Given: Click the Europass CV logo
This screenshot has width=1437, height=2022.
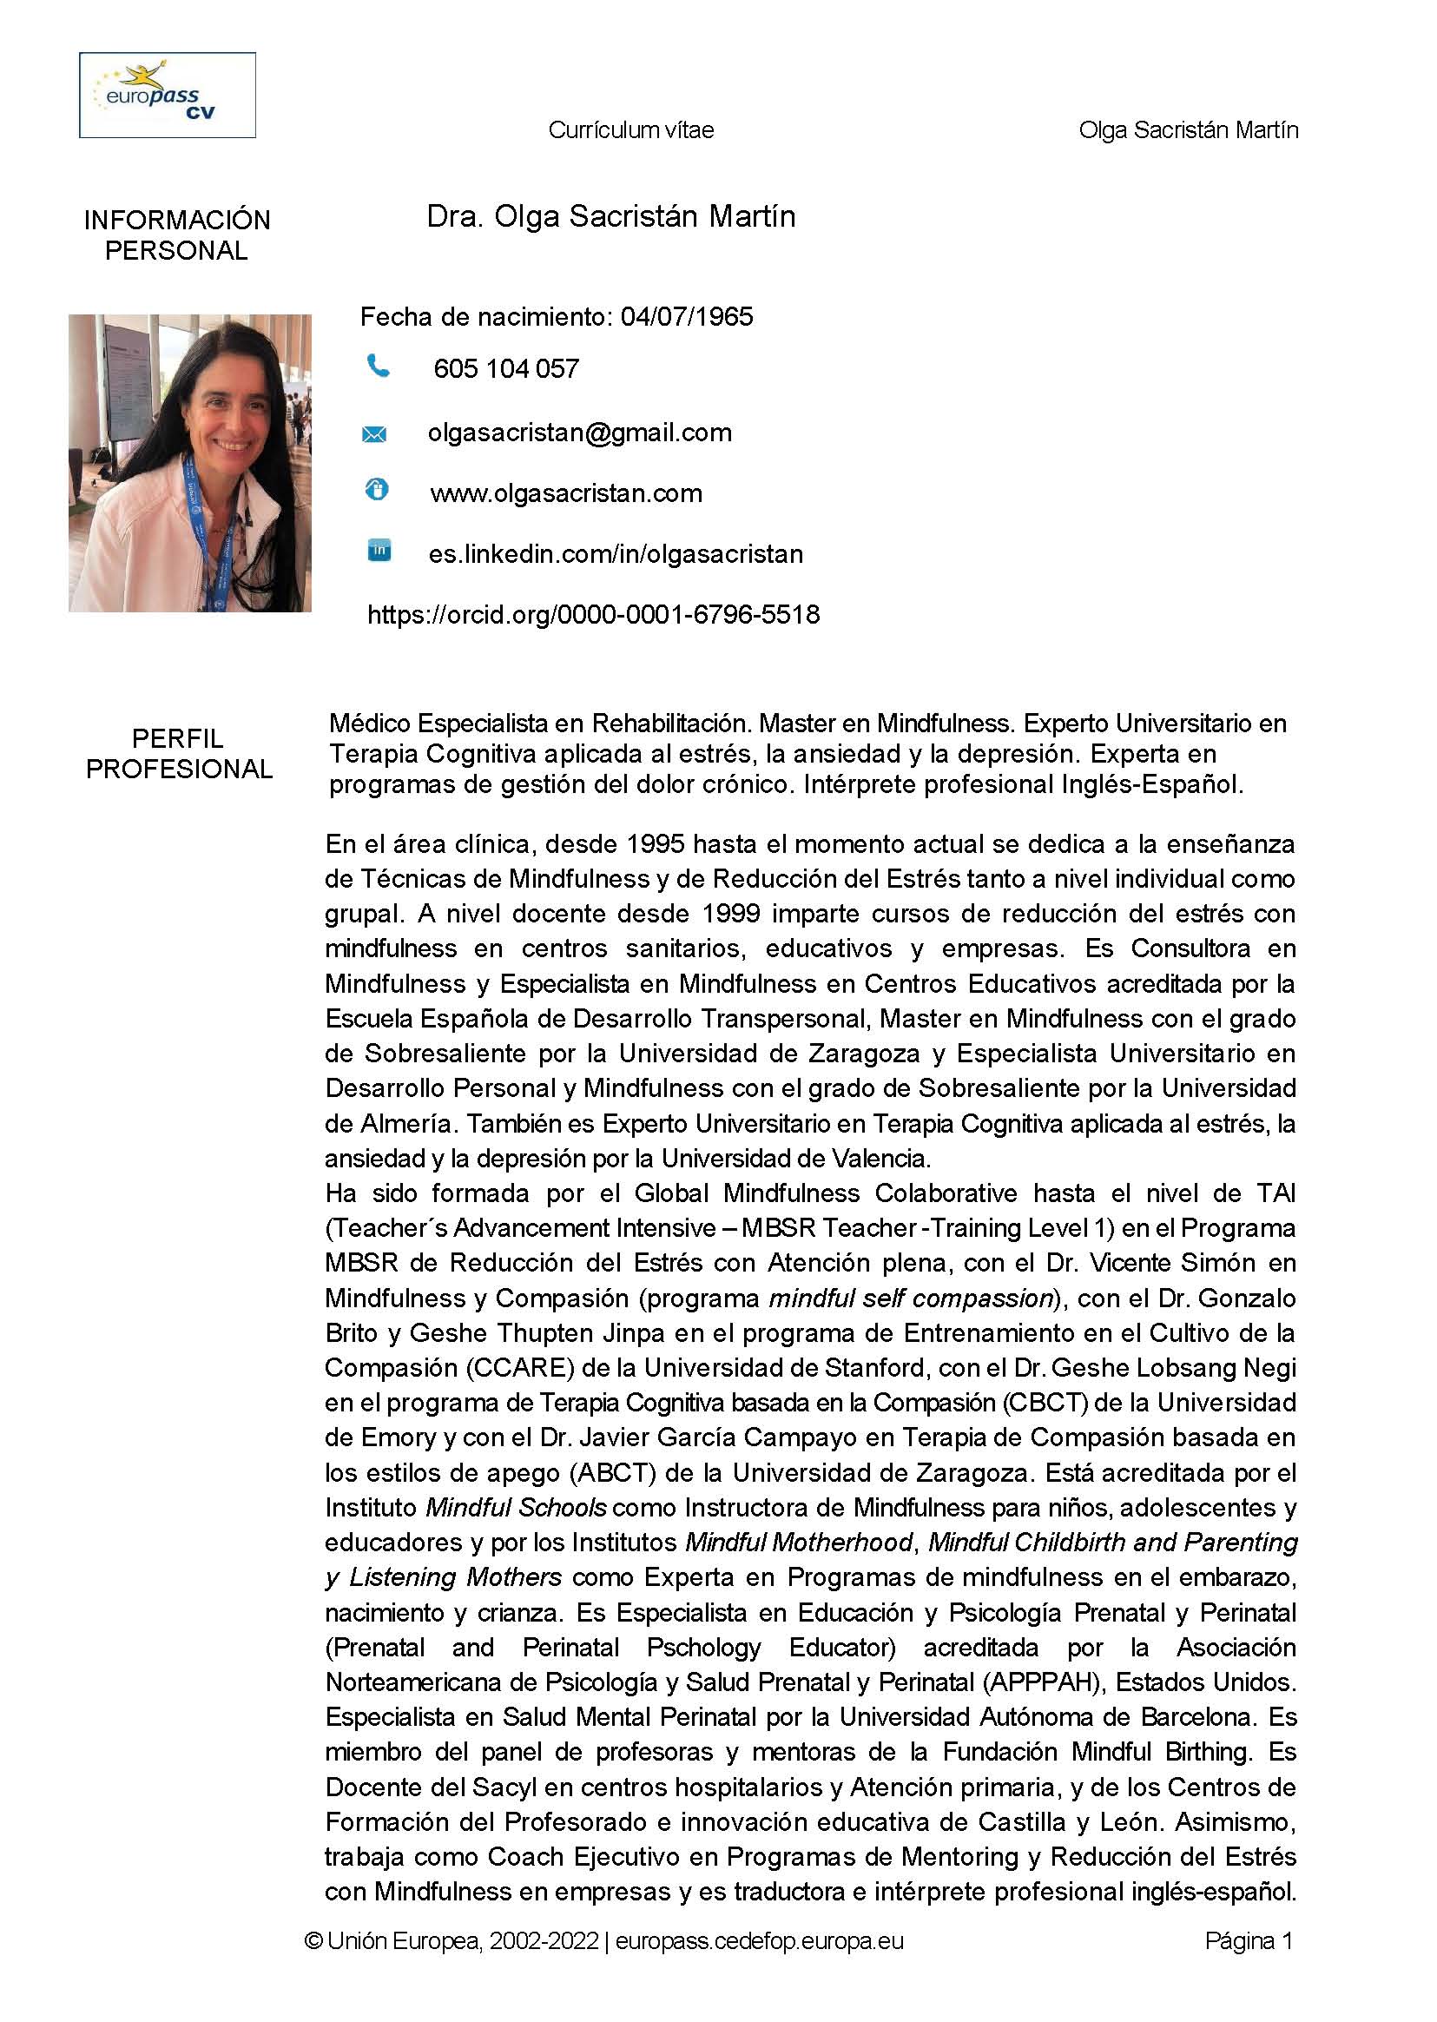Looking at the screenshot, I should pos(168,95).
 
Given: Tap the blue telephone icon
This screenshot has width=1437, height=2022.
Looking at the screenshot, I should pos(378,365).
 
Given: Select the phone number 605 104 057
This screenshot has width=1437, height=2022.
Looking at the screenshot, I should pos(506,369).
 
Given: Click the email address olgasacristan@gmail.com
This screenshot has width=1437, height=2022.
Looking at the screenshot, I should pos(580,433).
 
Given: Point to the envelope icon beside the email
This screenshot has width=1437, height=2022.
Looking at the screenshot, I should pos(374,433).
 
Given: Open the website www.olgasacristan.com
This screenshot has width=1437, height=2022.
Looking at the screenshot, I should pos(566,492).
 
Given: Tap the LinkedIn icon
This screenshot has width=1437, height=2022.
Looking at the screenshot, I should pos(379,551).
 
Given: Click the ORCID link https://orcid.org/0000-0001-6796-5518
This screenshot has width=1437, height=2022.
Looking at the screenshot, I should pos(593,614).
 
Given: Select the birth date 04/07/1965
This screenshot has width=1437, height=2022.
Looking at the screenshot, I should pos(687,317).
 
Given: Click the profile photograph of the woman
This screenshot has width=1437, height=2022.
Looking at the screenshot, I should pos(190,463).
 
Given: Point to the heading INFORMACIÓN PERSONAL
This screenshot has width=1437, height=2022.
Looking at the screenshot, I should pos(177,235).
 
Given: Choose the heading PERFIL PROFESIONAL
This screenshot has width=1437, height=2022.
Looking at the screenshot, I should pos(179,754).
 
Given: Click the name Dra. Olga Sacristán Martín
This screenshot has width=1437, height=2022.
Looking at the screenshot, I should pos(610,217).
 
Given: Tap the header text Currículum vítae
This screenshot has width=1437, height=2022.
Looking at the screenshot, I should pos(631,130).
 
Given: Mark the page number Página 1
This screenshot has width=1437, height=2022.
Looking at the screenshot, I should pos(1249,1940).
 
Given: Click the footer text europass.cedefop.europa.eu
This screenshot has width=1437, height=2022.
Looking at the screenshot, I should pos(759,1940).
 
